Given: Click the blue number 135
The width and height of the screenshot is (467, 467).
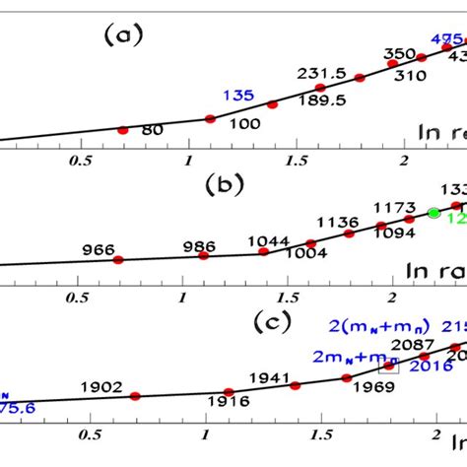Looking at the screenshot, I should (239, 96).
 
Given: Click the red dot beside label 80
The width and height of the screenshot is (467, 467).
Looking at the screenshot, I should (123, 130).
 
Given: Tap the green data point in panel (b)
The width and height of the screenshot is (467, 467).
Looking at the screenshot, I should (434, 212).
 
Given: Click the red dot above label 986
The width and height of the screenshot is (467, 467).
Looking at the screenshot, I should (203, 255).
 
